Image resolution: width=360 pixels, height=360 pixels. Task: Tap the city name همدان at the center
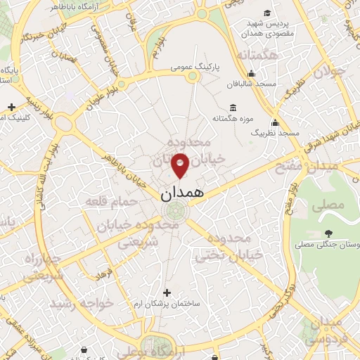[x=180, y=193]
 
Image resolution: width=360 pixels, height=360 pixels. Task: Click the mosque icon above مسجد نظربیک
[x=276, y=122]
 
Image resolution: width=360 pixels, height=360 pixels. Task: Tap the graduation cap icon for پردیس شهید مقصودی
[x=267, y=13]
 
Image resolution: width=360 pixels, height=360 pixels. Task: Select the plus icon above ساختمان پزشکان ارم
[x=167, y=292]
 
